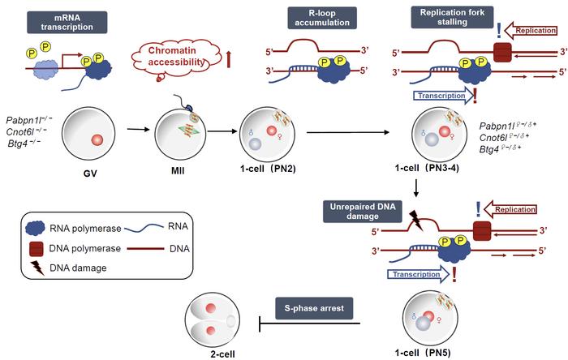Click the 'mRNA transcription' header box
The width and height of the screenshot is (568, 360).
click(67, 19)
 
